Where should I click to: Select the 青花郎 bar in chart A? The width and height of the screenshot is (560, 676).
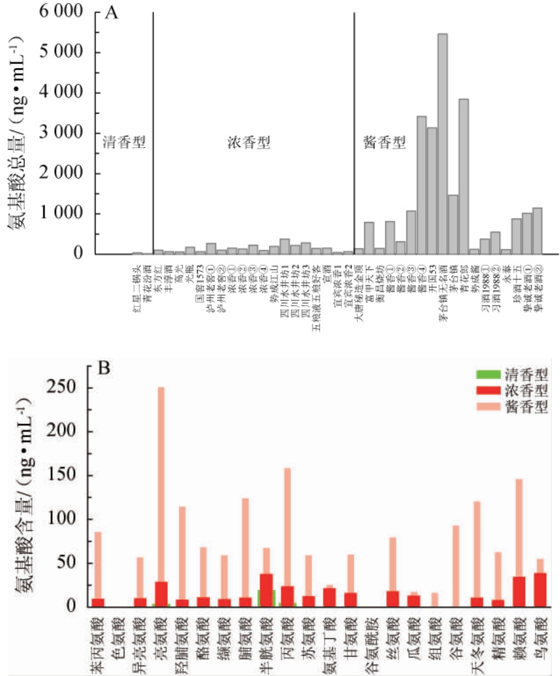click(x=463, y=176)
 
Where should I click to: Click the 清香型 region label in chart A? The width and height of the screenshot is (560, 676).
click(x=123, y=142)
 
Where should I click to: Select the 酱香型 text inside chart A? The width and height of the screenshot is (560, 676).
click(x=384, y=142)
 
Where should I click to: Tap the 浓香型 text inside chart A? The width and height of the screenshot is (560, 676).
click(x=248, y=142)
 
